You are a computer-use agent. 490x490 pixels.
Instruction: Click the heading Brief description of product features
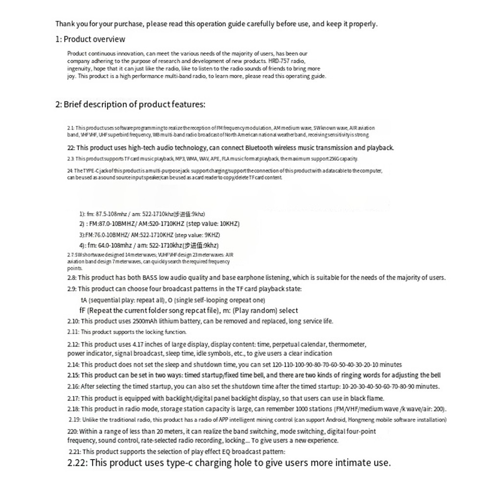coord(134,104)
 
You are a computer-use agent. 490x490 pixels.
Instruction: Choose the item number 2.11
coord(73,332)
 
